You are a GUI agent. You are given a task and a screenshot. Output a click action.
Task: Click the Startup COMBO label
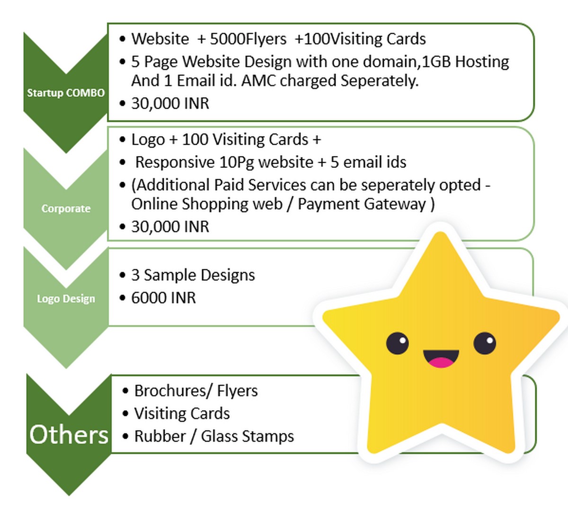point(66,93)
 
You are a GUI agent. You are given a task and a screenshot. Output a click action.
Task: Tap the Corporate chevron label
point(66,209)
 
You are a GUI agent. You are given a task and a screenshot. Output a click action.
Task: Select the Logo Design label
point(66,299)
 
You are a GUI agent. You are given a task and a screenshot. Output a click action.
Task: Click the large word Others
point(69,435)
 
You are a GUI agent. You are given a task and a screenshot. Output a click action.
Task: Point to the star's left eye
point(397,343)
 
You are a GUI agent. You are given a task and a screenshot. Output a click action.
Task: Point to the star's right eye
point(485,343)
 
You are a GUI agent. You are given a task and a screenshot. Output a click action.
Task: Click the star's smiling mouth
point(441,358)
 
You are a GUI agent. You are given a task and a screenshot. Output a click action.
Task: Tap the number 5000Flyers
point(248,39)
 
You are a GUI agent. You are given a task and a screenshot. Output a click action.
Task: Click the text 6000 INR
point(163,297)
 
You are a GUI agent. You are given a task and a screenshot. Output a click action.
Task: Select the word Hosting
point(482,62)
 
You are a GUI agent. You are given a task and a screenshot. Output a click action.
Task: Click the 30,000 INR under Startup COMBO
point(170,104)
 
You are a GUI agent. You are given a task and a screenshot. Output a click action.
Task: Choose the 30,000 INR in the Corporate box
point(170,227)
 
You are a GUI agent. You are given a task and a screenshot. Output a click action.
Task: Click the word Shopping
point(232,204)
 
